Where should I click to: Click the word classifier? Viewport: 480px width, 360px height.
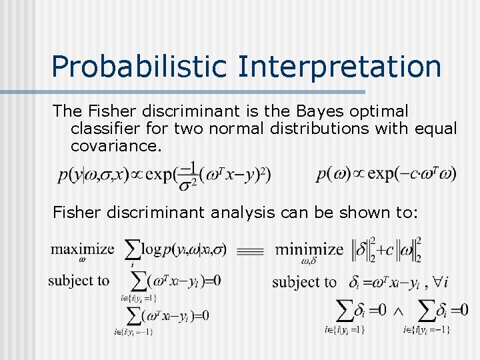[107, 128]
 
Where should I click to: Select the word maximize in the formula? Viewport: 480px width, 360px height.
[82, 249]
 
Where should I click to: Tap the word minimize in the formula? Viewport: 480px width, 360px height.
[309, 250]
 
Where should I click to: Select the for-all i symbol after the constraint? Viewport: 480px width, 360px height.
[439, 282]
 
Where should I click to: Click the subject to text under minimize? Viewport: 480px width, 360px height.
[304, 282]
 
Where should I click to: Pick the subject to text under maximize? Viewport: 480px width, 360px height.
[79, 280]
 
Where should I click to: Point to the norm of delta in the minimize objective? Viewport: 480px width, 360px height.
[363, 249]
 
